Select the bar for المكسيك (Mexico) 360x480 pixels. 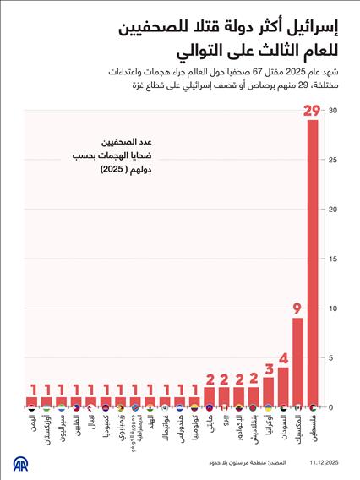297,362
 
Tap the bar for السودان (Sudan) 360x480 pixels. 283,386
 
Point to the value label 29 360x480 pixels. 313,111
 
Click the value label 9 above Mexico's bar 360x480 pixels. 297,308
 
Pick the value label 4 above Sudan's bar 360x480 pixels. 283,357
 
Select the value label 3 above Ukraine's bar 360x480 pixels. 268,368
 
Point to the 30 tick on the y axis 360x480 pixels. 334,111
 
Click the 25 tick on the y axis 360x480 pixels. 334,160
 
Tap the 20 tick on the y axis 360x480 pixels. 334,210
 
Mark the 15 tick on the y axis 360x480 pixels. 334,259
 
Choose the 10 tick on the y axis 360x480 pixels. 334,308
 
